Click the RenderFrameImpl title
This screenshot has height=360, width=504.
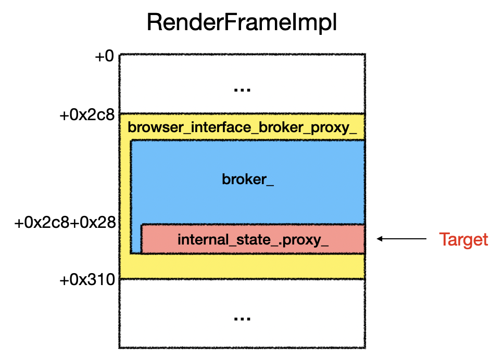[x=242, y=22]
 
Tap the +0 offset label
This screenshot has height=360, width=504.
[x=105, y=56]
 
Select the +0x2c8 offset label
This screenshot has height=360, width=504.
[x=87, y=114]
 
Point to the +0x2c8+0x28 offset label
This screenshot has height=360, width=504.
[x=65, y=222]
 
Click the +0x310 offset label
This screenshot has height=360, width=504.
[x=87, y=280]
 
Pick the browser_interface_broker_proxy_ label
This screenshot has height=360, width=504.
[x=242, y=127]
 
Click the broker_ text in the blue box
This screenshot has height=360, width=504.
[x=248, y=179]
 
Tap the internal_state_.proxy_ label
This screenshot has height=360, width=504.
[x=253, y=240]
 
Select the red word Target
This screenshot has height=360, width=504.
[x=463, y=240]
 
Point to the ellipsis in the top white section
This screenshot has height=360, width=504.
[x=242, y=90]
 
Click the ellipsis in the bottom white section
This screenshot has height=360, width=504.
[x=242, y=319]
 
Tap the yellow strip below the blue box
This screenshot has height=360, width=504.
[x=242, y=266]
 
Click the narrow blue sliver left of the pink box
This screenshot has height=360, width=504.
[x=136, y=238]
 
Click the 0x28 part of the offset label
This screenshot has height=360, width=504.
[x=98, y=222]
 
